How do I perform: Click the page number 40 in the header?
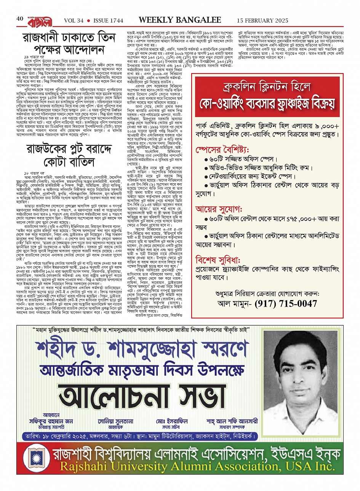[x=20, y=19]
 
